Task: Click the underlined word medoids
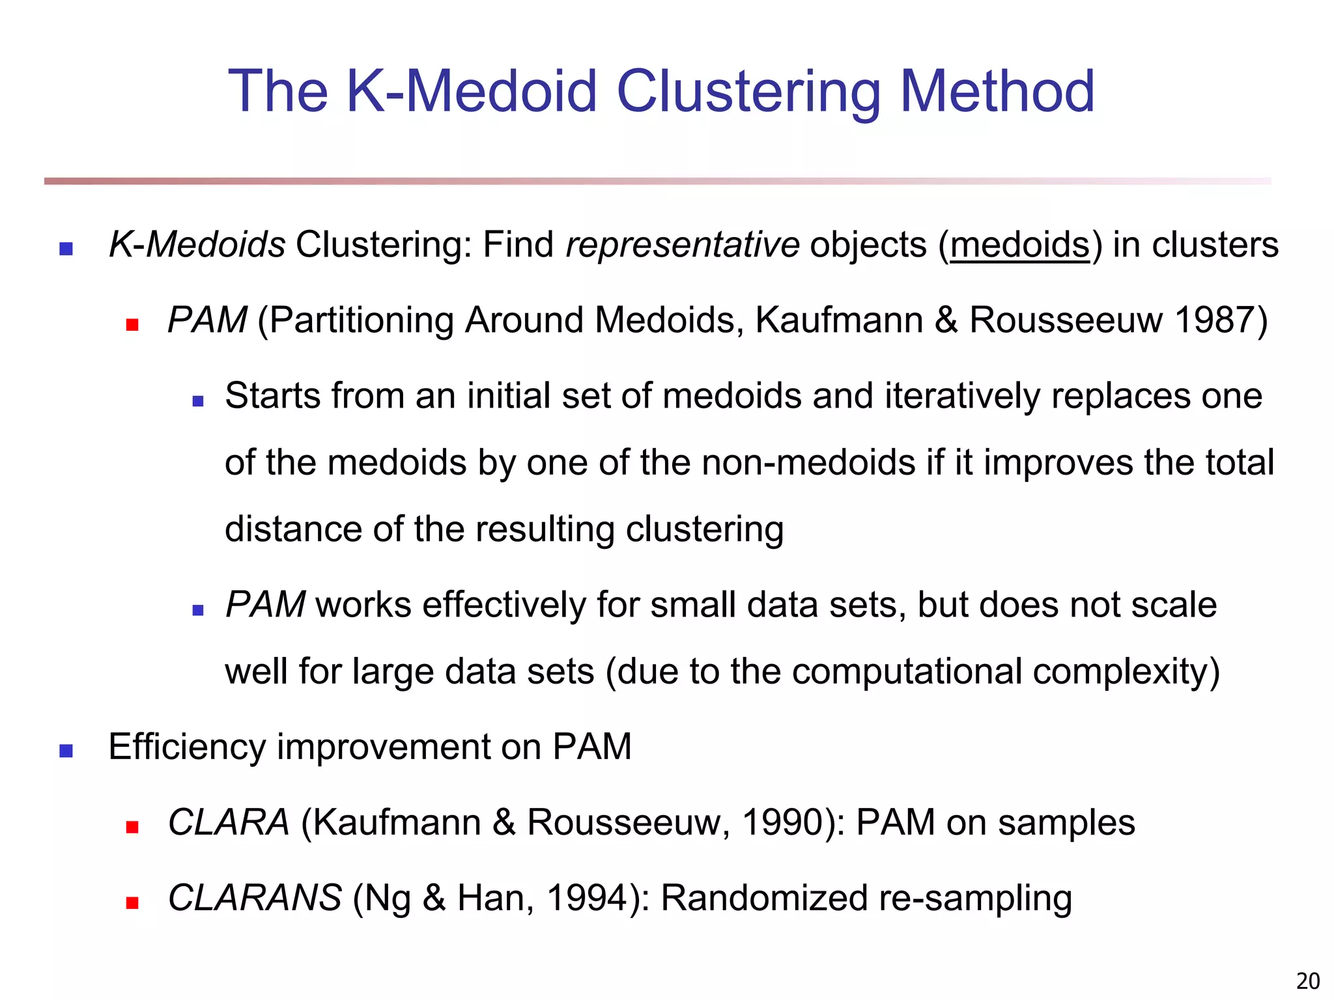click(x=1019, y=245)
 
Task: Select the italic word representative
click(x=682, y=245)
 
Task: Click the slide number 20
click(x=1308, y=980)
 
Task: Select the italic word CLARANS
click(x=255, y=898)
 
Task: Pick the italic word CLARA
click(x=229, y=822)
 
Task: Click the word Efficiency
click(x=187, y=747)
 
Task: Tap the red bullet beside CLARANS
click(x=132, y=903)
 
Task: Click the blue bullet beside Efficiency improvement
click(x=66, y=751)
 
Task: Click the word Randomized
click(x=764, y=898)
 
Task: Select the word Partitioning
click(x=361, y=320)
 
